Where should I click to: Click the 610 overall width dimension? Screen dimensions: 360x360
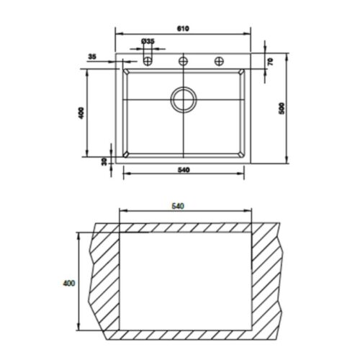pyautogui.click(x=184, y=28)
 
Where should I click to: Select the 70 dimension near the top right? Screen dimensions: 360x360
pyautogui.click(x=269, y=62)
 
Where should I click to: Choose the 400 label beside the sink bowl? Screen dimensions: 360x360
pyautogui.click(x=81, y=113)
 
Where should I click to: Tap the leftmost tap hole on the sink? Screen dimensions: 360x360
pyautogui.click(x=148, y=61)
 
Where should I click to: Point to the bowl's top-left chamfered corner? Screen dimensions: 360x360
pyautogui.click(x=127, y=73)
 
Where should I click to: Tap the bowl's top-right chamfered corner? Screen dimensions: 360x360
pyautogui.click(x=240, y=73)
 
